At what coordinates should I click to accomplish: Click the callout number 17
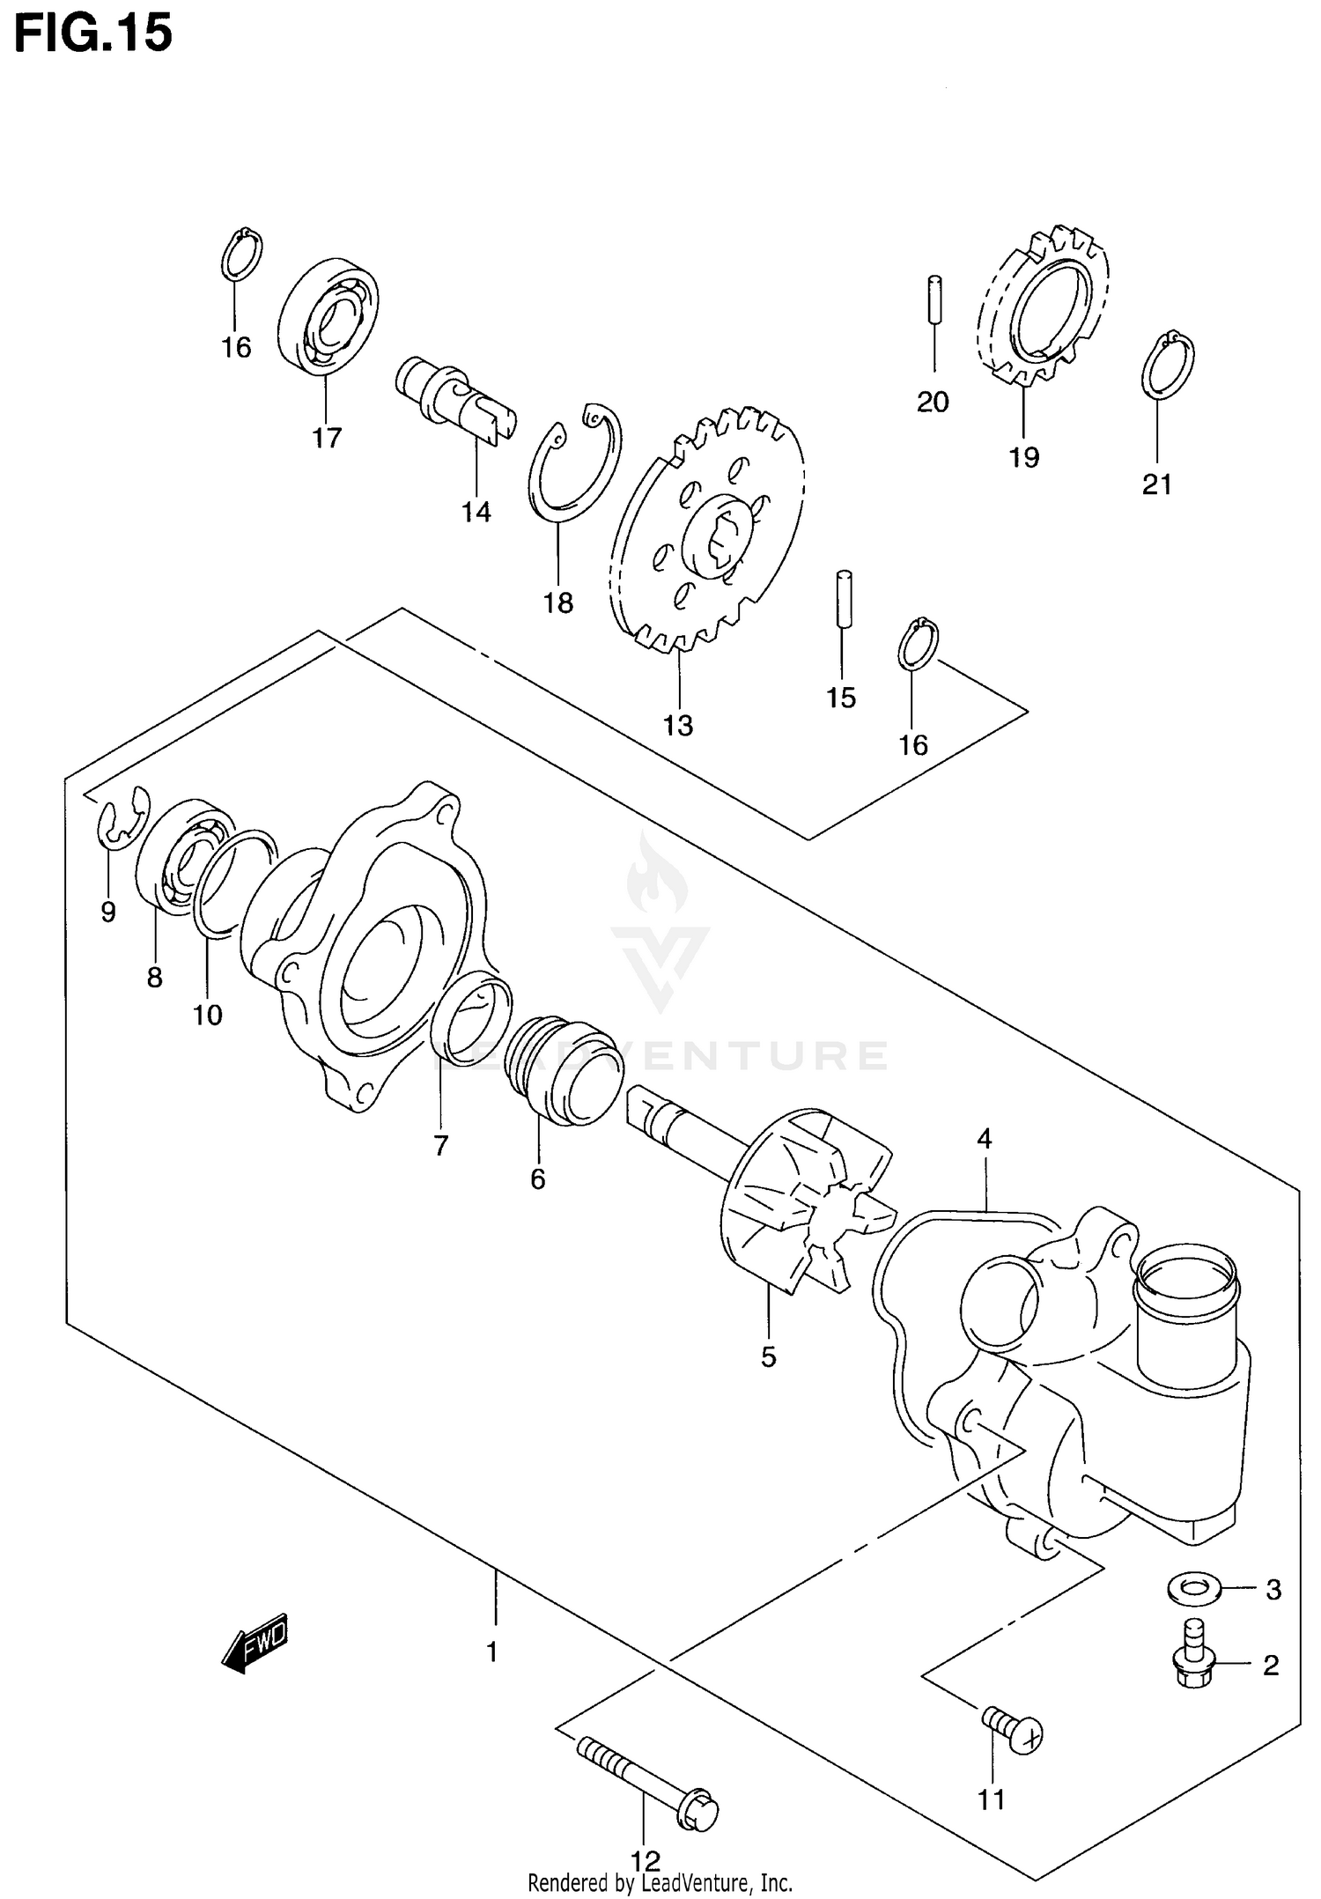[x=326, y=438]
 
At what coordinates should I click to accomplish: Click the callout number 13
[x=678, y=726]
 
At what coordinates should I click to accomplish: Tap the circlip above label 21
[x=1168, y=365]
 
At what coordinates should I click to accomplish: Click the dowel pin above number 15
[x=844, y=599]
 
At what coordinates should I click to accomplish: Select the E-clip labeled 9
[x=121, y=818]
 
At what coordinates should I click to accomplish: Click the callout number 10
[x=208, y=1015]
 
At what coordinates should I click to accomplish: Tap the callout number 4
[x=984, y=1139]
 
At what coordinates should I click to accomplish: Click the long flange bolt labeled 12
[x=647, y=1782]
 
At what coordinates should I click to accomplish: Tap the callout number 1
[x=492, y=1652]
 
